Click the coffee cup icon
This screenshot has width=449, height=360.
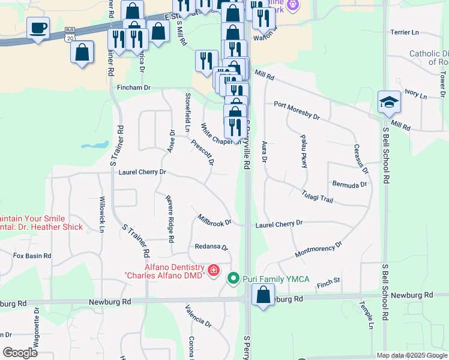pyautogui.click(x=38, y=28)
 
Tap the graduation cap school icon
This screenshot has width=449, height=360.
pyautogui.click(x=389, y=103)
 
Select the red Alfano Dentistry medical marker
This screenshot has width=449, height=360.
pyautogui.click(x=212, y=271)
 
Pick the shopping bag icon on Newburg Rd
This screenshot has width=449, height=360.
pyautogui.click(x=263, y=295)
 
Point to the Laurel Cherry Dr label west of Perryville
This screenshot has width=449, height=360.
pyautogui.click(x=142, y=172)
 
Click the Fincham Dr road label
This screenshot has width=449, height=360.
pyautogui.click(x=130, y=88)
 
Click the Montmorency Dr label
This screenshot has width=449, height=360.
pyautogui.click(x=318, y=249)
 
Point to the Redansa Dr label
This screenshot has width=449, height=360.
pyautogui.click(x=211, y=247)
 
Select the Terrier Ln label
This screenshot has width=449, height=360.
pyautogui.click(x=404, y=32)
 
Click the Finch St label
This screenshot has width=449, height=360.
pyautogui.click(x=328, y=280)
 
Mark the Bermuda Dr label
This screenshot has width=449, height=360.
pyautogui.click(x=349, y=184)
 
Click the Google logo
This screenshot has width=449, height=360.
pyautogui.click(x=20, y=353)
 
